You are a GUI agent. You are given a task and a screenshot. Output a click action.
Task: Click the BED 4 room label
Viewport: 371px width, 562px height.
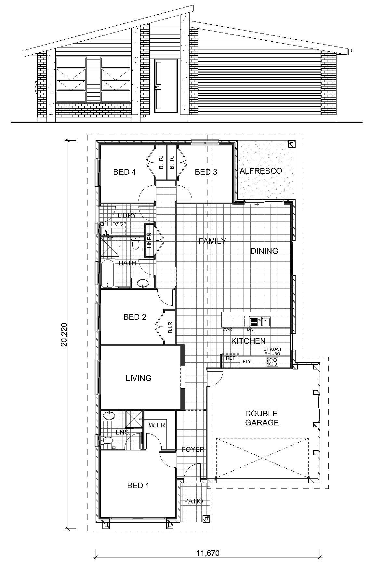[x=124, y=172]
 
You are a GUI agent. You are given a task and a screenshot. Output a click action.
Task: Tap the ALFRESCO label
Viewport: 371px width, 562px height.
[x=260, y=171]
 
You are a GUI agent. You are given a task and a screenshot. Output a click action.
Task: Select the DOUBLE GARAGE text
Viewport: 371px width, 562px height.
[x=262, y=418]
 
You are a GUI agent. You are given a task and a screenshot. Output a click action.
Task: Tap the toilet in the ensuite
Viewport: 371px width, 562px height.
[x=107, y=440]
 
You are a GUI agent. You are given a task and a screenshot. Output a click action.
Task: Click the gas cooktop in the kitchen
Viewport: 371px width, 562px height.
[x=272, y=362]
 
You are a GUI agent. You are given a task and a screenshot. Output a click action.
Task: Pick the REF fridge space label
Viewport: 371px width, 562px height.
[x=230, y=358]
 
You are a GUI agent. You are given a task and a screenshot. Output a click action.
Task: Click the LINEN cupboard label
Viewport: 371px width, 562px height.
[x=149, y=241]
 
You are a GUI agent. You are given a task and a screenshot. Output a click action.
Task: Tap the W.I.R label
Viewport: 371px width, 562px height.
[x=157, y=425]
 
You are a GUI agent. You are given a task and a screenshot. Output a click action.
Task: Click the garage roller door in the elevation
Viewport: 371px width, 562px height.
[x=259, y=87]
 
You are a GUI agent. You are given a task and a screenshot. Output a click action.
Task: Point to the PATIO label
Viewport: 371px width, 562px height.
[x=193, y=501]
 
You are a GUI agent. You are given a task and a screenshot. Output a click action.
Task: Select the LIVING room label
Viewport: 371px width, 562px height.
[x=139, y=378]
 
